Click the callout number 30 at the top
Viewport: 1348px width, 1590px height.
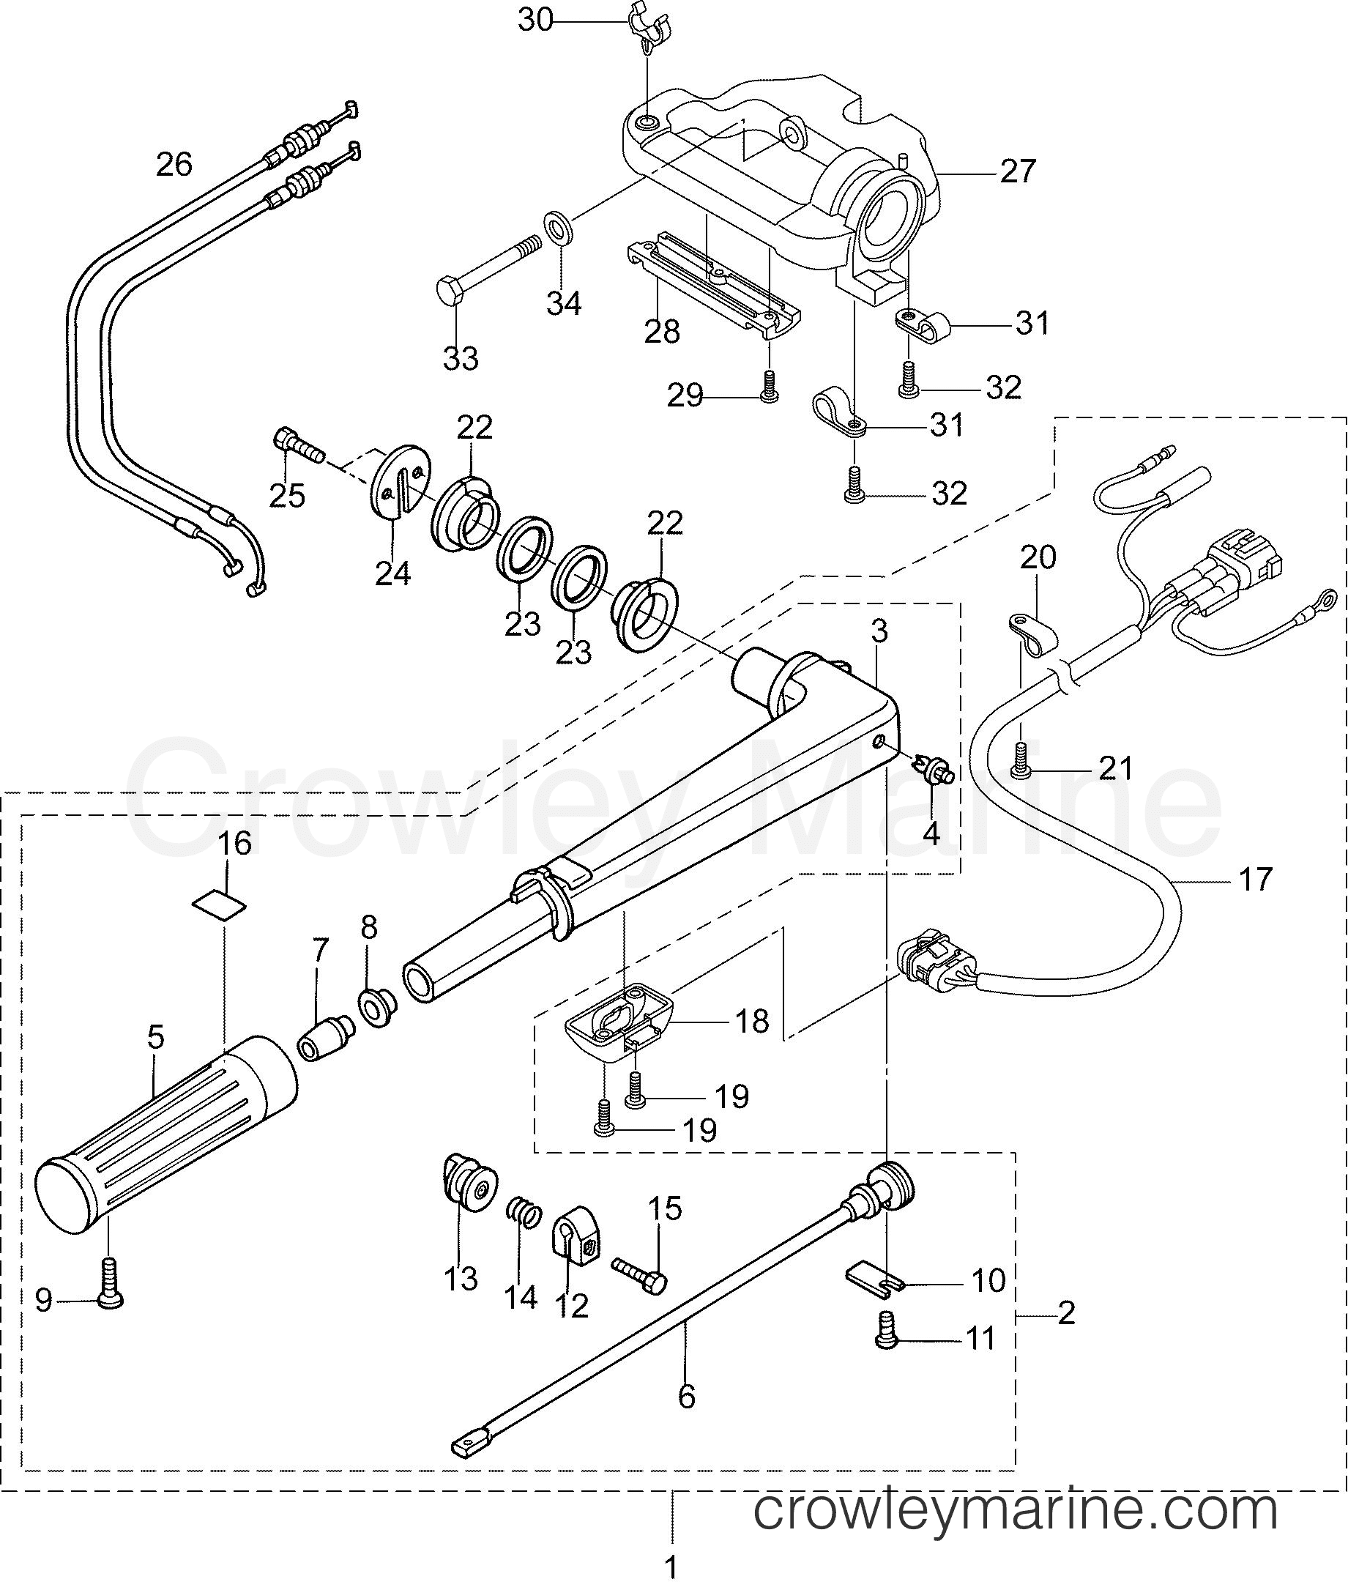(535, 21)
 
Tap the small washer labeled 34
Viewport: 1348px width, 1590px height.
(560, 229)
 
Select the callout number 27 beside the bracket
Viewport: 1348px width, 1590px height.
(1018, 171)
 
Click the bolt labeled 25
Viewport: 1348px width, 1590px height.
(298, 446)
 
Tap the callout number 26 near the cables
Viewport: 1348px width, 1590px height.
(174, 164)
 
